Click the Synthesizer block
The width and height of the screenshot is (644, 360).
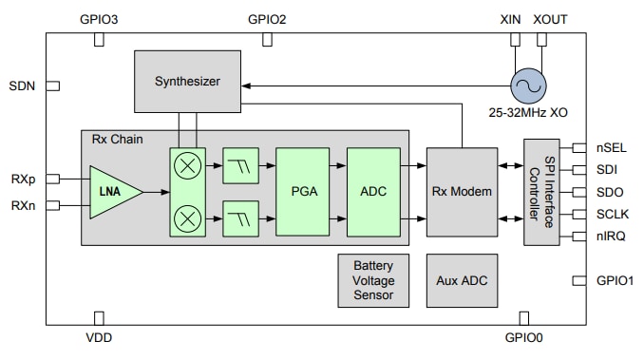(187, 81)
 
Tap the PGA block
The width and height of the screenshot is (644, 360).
(302, 192)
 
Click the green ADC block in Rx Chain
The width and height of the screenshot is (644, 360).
(372, 192)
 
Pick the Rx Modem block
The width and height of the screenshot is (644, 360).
(462, 192)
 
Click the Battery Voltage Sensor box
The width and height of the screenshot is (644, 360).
(372, 280)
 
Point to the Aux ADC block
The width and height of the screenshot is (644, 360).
(462, 280)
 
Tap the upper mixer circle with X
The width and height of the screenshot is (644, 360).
(189, 164)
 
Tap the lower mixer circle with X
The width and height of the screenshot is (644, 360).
(189, 219)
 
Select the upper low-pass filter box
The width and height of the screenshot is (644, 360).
(238, 164)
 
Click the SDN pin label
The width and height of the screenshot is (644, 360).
(22, 85)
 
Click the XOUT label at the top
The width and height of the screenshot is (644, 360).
(551, 19)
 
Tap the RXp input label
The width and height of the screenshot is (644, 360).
(25, 179)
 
